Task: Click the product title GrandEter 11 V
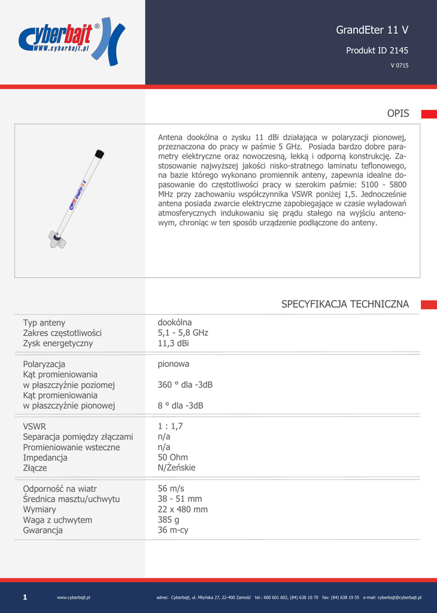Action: click(x=372, y=30)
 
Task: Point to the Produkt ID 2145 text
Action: click(x=377, y=51)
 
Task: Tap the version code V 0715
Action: click(x=399, y=66)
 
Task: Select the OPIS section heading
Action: click(x=397, y=114)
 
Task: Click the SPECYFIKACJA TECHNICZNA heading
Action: click(x=345, y=304)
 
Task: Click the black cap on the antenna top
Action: click(x=99, y=154)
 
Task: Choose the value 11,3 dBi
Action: click(x=173, y=344)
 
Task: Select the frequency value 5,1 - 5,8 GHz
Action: click(x=183, y=333)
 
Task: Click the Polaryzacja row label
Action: click(x=44, y=364)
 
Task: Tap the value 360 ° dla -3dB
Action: click(x=185, y=385)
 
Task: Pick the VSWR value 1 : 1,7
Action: click(x=170, y=426)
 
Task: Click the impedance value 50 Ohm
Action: click(x=172, y=457)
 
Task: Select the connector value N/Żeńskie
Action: click(x=177, y=468)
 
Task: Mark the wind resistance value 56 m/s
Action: click(x=171, y=488)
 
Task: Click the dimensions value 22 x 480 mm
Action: click(x=183, y=509)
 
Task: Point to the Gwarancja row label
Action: click(x=43, y=530)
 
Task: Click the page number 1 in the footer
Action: click(x=25, y=597)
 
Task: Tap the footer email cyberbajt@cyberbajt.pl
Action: click(x=399, y=597)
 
